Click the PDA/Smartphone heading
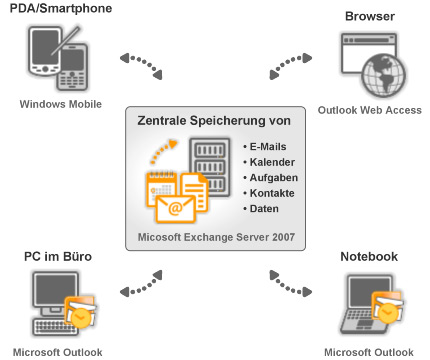point(61,8)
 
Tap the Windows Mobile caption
point(61,104)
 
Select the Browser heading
point(370,16)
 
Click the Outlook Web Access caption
point(370,110)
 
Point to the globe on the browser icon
point(384,75)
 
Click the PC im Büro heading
point(58,256)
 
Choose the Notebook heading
point(369,256)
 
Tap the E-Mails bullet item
point(265,147)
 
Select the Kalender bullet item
point(269,162)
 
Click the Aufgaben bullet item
point(270,178)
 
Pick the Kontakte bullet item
point(269,193)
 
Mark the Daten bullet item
point(261,209)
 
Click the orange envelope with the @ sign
point(175,209)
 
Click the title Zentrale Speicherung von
point(214,121)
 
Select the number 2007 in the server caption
point(283,237)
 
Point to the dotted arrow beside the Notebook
point(290,285)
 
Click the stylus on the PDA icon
point(66,40)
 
